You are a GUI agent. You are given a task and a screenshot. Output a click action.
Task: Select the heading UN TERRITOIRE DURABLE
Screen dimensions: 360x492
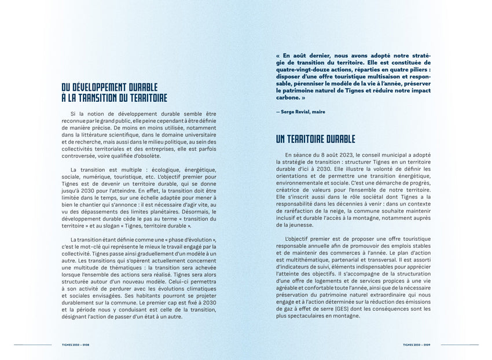tap(315, 139)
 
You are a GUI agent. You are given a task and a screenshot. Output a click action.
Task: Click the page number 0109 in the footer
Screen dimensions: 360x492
tap(427, 344)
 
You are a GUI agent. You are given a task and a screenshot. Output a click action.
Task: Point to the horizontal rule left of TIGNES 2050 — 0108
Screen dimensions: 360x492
tap(32, 344)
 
